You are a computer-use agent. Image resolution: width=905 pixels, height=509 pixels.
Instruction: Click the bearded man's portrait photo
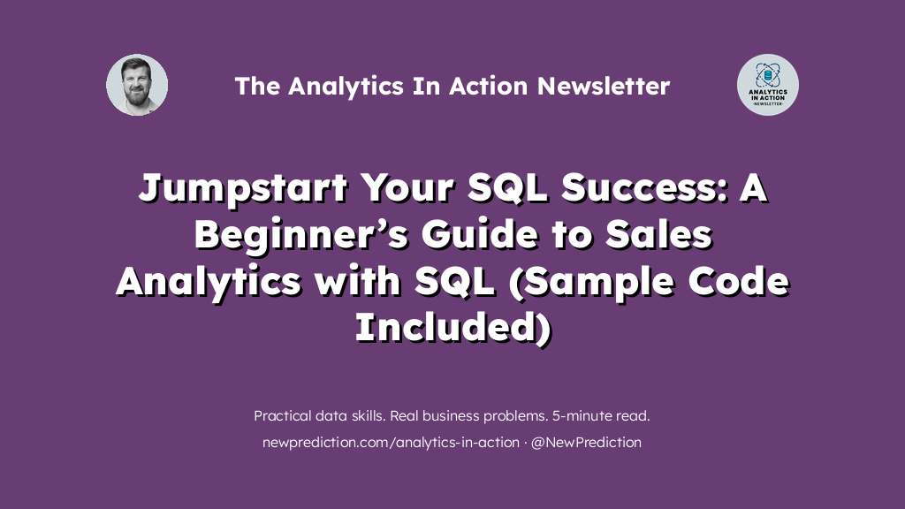[137, 85]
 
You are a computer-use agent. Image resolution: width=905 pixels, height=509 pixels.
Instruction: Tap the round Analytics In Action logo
[768, 85]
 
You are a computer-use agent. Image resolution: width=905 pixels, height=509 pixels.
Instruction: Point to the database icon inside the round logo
[768, 75]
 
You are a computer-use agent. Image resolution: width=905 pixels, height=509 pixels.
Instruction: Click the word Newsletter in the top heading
[603, 86]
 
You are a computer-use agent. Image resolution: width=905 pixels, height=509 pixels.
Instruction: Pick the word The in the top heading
[257, 86]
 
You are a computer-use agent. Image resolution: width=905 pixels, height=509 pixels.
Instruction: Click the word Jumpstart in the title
[243, 188]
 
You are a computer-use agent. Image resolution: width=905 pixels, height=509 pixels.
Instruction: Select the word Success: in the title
[643, 188]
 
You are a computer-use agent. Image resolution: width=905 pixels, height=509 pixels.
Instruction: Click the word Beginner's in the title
[300, 235]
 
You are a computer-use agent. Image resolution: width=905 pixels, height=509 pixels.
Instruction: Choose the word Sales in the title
[658, 234]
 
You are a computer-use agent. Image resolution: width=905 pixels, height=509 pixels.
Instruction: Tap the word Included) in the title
[453, 327]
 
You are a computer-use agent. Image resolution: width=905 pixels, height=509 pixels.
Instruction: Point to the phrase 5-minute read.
[601, 415]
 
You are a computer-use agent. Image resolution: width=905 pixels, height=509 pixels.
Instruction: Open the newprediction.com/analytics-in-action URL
[391, 443]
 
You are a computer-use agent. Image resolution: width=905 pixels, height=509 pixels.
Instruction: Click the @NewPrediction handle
[586, 443]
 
